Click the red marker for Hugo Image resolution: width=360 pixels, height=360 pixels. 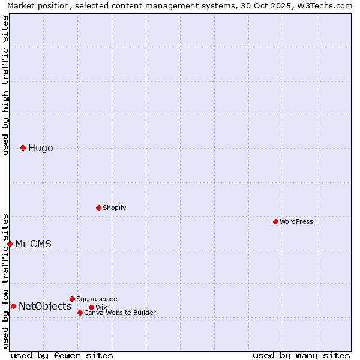click(23, 148)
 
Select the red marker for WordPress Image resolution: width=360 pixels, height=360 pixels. click(275, 221)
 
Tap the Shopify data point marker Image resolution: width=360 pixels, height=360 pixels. click(98, 208)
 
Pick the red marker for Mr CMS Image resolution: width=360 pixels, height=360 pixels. click(10, 244)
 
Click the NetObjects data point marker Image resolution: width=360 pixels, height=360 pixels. click(13, 306)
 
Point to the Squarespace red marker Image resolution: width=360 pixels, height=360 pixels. click(72, 299)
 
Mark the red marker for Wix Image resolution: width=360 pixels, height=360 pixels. click(91, 307)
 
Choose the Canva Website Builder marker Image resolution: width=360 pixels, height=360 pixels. click(80, 313)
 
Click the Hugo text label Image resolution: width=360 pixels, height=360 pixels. click(40, 148)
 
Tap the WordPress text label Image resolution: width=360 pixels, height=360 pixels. click(296, 221)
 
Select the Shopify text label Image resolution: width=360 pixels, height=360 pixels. click(114, 208)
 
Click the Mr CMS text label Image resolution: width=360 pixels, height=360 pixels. click(33, 244)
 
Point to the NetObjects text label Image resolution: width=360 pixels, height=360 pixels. click(45, 307)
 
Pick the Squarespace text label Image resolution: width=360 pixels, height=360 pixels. click(97, 299)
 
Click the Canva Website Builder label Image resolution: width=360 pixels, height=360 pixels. click(120, 313)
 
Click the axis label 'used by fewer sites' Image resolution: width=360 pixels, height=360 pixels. click(62, 356)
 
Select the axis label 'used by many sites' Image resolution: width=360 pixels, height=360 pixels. click(301, 356)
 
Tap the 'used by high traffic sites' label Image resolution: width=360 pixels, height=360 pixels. click(5, 85)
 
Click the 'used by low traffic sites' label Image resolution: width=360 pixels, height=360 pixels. click(5, 280)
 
